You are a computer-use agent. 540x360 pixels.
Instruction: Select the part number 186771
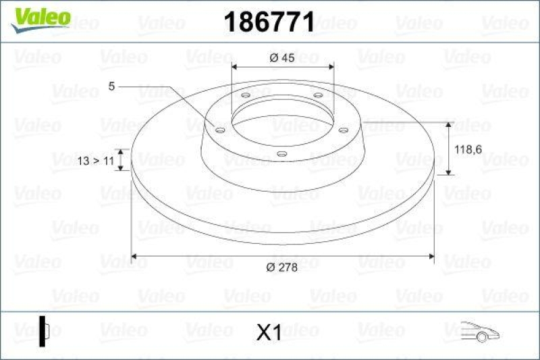[x=268, y=23]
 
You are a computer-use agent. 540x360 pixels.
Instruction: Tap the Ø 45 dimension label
[x=281, y=58]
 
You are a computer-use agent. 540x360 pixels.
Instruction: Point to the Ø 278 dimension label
[x=281, y=268]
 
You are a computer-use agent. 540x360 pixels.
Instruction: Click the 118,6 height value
[x=468, y=151]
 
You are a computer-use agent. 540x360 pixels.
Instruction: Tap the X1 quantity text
[x=269, y=332]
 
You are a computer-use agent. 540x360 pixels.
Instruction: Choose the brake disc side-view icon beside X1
[x=44, y=331]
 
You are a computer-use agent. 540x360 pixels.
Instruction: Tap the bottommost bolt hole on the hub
[x=281, y=155]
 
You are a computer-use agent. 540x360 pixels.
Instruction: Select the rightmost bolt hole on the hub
[x=343, y=130]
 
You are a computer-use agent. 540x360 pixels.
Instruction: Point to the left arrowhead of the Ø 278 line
[x=133, y=256]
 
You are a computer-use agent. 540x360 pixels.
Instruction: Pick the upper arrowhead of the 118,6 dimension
[x=450, y=124]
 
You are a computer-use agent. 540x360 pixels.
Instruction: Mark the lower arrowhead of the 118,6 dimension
[x=450, y=173]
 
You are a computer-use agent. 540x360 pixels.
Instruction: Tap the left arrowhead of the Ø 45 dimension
[x=234, y=67]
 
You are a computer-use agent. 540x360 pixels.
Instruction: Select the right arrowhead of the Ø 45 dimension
[x=332, y=67]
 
